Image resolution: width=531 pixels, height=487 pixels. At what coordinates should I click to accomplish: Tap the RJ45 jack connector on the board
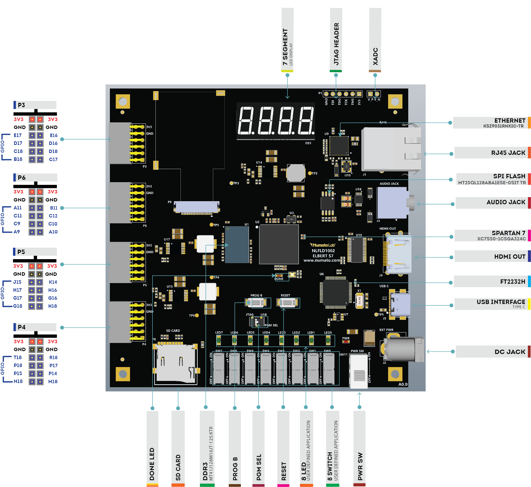click(x=391, y=149)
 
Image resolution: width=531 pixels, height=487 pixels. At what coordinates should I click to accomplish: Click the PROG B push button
click(x=256, y=303)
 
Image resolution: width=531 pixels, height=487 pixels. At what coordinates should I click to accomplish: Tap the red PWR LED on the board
click(x=346, y=342)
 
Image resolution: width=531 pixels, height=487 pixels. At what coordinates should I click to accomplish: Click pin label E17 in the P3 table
click(x=18, y=135)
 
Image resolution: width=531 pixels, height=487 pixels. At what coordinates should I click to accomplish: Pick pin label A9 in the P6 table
click(x=17, y=232)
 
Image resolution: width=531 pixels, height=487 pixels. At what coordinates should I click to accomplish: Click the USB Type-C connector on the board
click(x=400, y=305)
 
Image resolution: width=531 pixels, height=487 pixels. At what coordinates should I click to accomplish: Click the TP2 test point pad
click(x=310, y=173)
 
